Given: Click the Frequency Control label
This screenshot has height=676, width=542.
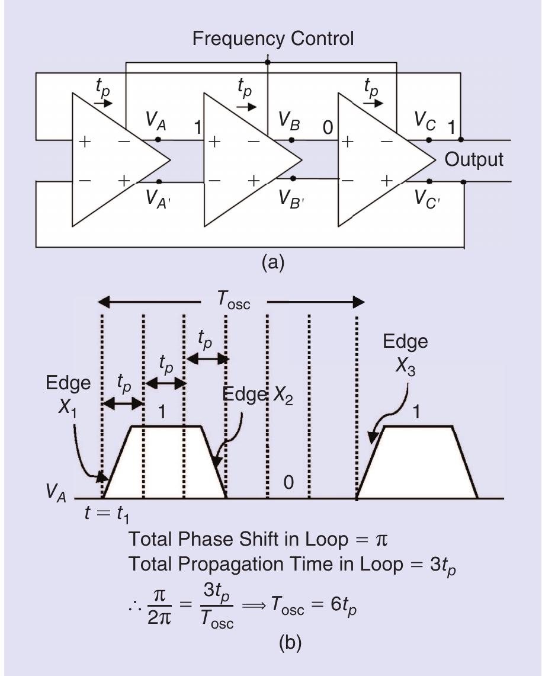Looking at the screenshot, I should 273,39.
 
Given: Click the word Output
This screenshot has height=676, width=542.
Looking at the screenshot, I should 474,160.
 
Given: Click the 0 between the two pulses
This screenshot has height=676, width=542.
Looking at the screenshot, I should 288,483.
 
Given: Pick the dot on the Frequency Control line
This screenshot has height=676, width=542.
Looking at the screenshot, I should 268,62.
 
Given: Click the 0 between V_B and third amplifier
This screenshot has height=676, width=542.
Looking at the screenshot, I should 327,127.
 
